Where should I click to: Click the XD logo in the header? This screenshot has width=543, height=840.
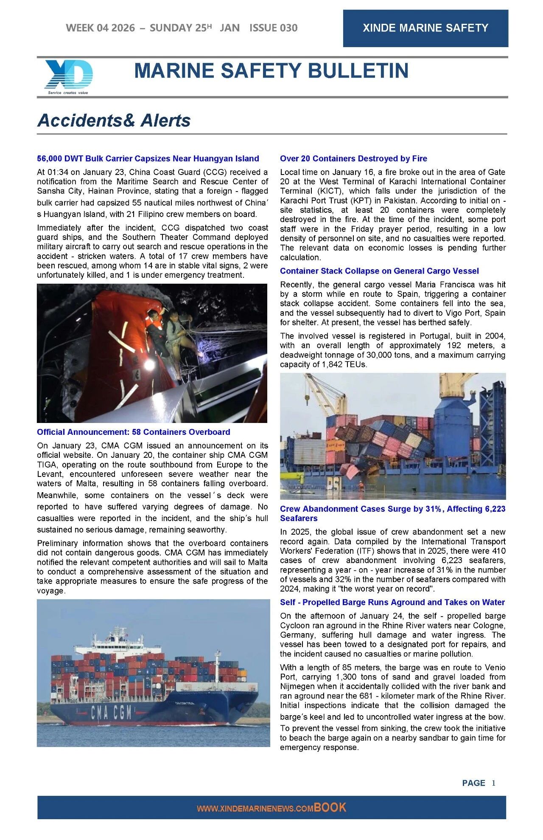[x=68, y=75]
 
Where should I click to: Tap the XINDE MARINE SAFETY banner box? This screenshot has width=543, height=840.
[x=425, y=28]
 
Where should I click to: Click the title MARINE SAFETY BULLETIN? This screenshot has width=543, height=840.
[x=271, y=71]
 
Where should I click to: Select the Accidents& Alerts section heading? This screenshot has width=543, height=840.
[x=114, y=121]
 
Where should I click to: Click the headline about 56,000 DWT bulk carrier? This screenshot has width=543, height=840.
[x=148, y=158]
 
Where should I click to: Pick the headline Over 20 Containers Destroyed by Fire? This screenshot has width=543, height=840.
[x=353, y=158]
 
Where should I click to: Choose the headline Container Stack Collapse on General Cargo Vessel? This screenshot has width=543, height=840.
[x=379, y=271]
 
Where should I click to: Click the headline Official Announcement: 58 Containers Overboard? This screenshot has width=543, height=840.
[x=133, y=432]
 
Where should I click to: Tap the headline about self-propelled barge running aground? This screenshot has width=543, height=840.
[x=392, y=602]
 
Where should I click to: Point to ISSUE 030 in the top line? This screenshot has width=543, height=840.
[x=273, y=28]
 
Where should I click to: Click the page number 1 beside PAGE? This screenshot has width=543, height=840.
[x=493, y=783]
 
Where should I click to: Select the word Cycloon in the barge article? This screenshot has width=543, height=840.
[x=295, y=625]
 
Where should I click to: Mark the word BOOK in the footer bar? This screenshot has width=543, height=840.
[x=330, y=808]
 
